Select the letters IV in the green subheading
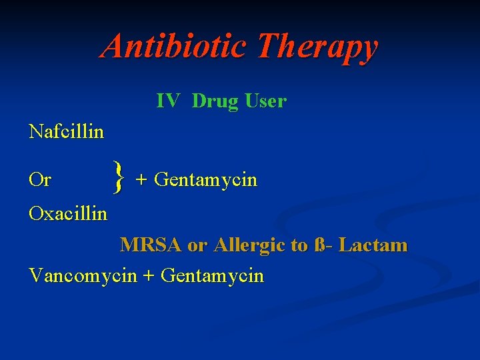(x=167, y=101)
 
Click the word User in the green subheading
(x=265, y=101)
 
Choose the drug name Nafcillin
(x=67, y=131)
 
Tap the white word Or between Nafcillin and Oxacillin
(x=40, y=180)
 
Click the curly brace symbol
(x=119, y=178)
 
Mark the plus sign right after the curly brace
(x=141, y=181)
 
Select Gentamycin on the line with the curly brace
(x=205, y=181)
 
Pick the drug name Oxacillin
(x=68, y=213)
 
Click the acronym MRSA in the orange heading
(x=151, y=245)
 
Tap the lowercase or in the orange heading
(x=197, y=246)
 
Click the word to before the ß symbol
(x=299, y=246)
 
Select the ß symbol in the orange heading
(x=320, y=245)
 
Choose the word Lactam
(x=373, y=245)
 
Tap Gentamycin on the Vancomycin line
(x=212, y=276)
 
